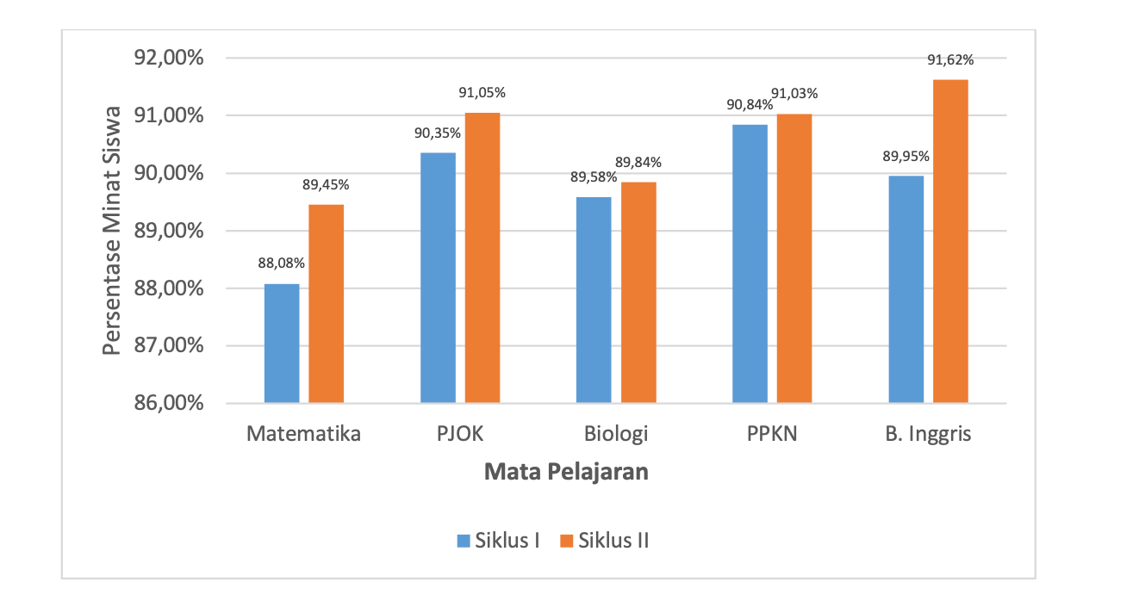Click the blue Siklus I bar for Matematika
(282, 344)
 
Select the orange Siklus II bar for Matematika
(327, 304)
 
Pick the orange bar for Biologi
(638, 293)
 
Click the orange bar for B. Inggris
(950, 242)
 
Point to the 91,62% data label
(950, 60)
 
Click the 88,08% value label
(282, 263)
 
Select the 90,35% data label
(438, 133)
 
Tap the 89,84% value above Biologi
(638, 163)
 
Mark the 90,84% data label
(749, 105)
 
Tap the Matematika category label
(303, 434)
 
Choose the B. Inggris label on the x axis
(928, 434)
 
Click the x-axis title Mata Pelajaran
(566, 473)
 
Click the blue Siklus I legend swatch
(464, 541)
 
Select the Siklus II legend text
(614, 541)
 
